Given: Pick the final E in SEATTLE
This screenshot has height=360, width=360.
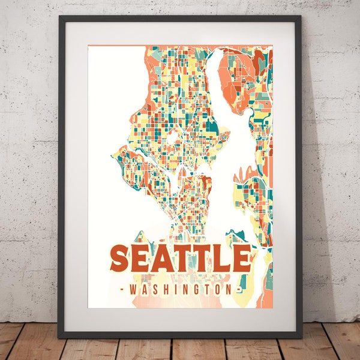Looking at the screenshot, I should click(x=240, y=259).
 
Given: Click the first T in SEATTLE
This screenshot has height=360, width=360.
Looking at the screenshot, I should click(x=182, y=259).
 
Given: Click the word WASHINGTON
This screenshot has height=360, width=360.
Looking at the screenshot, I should click(x=181, y=290).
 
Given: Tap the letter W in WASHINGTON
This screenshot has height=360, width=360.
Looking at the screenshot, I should click(x=133, y=290).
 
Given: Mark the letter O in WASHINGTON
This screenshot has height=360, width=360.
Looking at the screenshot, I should click(x=215, y=290).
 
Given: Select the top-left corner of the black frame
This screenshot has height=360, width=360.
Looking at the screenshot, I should click(x=59, y=17).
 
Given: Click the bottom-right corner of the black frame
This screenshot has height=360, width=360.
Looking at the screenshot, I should click(x=301, y=337).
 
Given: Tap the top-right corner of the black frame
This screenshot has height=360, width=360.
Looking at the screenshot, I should click(x=301, y=17).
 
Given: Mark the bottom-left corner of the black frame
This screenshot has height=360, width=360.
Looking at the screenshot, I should click(x=59, y=337).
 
